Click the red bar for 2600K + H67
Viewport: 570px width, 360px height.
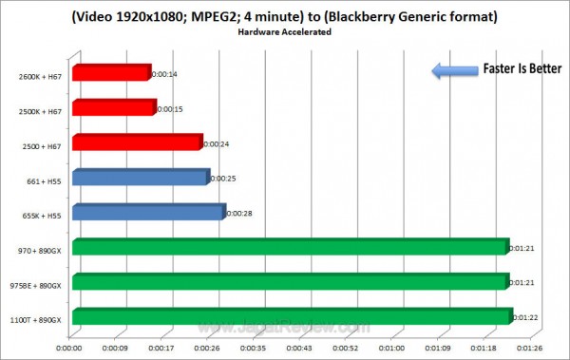pos(110,72)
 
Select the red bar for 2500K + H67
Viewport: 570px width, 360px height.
pos(113,107)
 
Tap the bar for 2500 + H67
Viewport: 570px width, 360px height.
pos(137,142)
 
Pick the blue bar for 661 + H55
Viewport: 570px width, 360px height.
pos(139,178)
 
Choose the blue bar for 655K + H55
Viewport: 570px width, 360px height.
pos(147,213)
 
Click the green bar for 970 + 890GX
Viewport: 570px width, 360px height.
pos(290,248)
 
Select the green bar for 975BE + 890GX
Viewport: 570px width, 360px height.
pos(290,282)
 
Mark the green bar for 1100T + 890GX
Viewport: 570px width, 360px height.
pos(292,317)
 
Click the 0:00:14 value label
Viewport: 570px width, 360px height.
pos(164,73)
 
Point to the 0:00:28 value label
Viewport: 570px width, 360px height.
pos(237,214)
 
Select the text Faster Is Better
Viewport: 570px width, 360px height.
pos(522,69)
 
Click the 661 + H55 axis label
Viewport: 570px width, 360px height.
pos(46,178)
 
